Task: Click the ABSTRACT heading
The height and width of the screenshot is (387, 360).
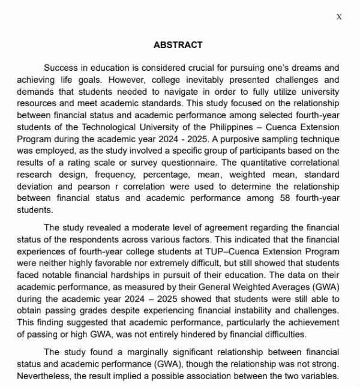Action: (x=178, y=45)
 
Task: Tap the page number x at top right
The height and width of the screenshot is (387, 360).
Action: (x=339, y=17)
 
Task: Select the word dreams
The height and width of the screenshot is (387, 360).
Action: (x=305, y=68)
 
